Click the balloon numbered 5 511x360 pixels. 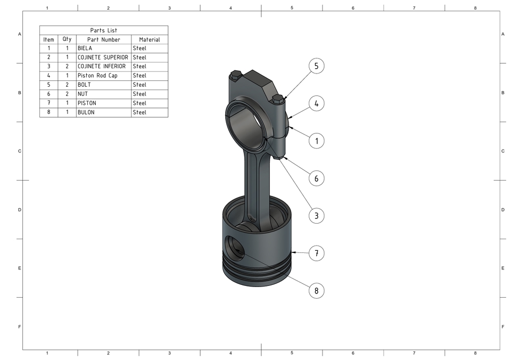pyautogui.click(x=316, y=66)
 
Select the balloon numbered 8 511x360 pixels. pyautogui.click(x=316, y=291)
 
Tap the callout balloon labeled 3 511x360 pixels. pyautogui.click(x=316, y=216)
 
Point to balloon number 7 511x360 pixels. pyautogui.click(x=316, y=253)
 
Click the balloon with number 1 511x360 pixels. pyautogui.click(x=316, y=141)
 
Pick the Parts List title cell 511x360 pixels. pyautogui.click(x=104, y=30)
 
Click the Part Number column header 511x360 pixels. pyautogui.click(x=104, y=39)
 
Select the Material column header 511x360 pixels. pyautogui.click(x=150, y=39)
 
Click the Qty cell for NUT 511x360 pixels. pyautogui.click(x=67, y=94)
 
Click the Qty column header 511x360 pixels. pyautogui.click(x=67, y=39)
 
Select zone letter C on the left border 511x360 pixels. pyautogui.click(x=20, y=151)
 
